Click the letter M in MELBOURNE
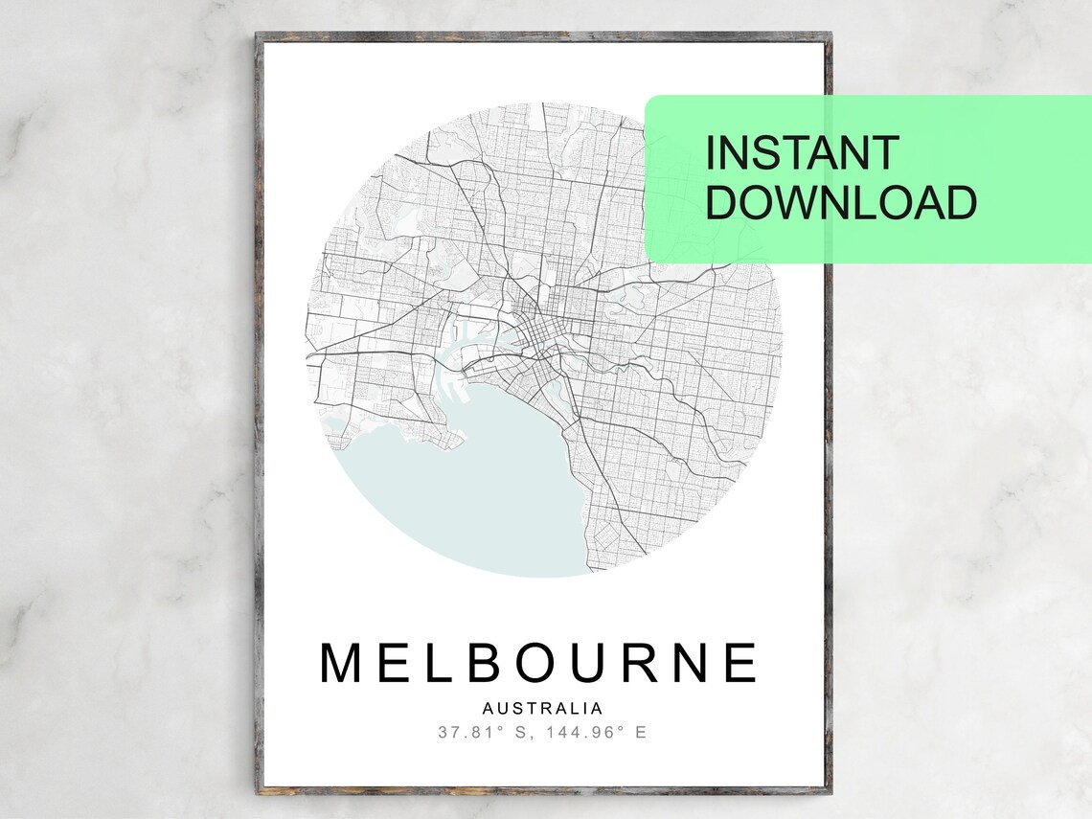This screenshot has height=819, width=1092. click(x=346, y=663)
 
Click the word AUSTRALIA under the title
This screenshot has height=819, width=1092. click(x=543, y=709)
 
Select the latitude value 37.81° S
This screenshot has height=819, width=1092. click(x=486, y=733)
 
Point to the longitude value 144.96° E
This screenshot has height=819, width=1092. click(x=599, y=733)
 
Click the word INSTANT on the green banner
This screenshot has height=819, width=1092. click(x=803, y=153)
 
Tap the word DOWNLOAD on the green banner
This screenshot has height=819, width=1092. click(x=842, y=203)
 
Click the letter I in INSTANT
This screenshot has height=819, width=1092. click(x=710, y=153)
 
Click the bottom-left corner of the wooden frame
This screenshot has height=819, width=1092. click(x=260, y=790)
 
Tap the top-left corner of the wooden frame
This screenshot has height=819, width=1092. click(x=260, y=36)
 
